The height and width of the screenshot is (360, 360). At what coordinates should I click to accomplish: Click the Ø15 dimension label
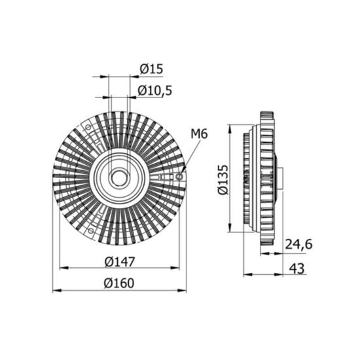[x=151, y=69]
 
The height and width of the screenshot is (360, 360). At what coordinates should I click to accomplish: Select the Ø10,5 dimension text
[x=154, y=90]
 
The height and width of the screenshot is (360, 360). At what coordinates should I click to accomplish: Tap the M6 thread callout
[x=199, y=134]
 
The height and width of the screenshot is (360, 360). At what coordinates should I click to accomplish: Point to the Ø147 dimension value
[x=120, y=262]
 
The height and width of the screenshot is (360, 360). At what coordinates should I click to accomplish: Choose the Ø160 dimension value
[x=119, y=283]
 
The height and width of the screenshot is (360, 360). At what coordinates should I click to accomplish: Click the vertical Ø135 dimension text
[x=223, y=179]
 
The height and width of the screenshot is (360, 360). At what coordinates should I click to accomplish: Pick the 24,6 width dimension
[x=298, y=244]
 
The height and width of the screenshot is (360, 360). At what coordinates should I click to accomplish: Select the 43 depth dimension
[x=297, y=268]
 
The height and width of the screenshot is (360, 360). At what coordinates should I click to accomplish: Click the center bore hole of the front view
[x=119, y=178]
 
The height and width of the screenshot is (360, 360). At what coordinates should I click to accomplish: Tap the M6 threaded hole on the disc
[x=179, y=177]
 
